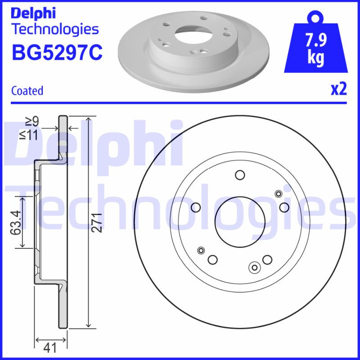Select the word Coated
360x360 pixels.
point(27,91)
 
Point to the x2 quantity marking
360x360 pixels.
point(339,90)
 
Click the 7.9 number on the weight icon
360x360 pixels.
point(316,41)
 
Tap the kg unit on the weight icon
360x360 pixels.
point(316,58)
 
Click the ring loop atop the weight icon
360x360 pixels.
point(316,18)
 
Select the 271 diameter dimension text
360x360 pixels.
point(96,222)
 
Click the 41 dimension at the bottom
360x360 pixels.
point(51,348)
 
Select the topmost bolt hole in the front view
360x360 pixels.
point(240,175)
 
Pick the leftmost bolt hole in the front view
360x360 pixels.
point(196,207)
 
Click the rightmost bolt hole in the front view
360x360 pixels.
point(284,207)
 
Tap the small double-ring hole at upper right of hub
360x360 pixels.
point(278,194)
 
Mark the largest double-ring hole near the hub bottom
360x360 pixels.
point(254,268)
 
